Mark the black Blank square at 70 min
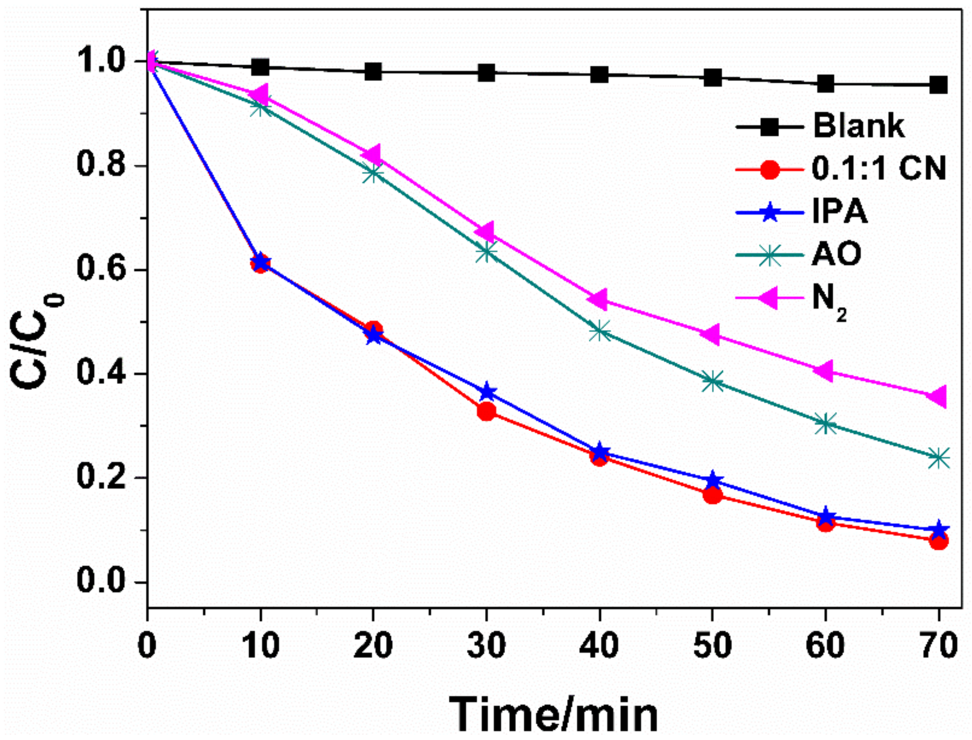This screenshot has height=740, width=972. click(938, 86)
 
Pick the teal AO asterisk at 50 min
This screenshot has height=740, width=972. click(712, 381)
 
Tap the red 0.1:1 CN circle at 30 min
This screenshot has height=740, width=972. click(486, 411)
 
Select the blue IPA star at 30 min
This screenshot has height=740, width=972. click(486, 392)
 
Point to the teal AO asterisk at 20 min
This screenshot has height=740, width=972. click(373, 173)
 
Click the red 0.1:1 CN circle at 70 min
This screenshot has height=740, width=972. click(938, 541)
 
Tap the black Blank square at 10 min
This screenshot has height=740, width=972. click(260, 67)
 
